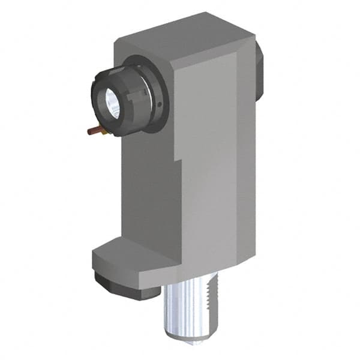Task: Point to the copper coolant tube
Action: click(x=93, y=130)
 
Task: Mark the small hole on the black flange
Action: click(x=160, y=103)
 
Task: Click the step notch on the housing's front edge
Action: click(x=178, y=161)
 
